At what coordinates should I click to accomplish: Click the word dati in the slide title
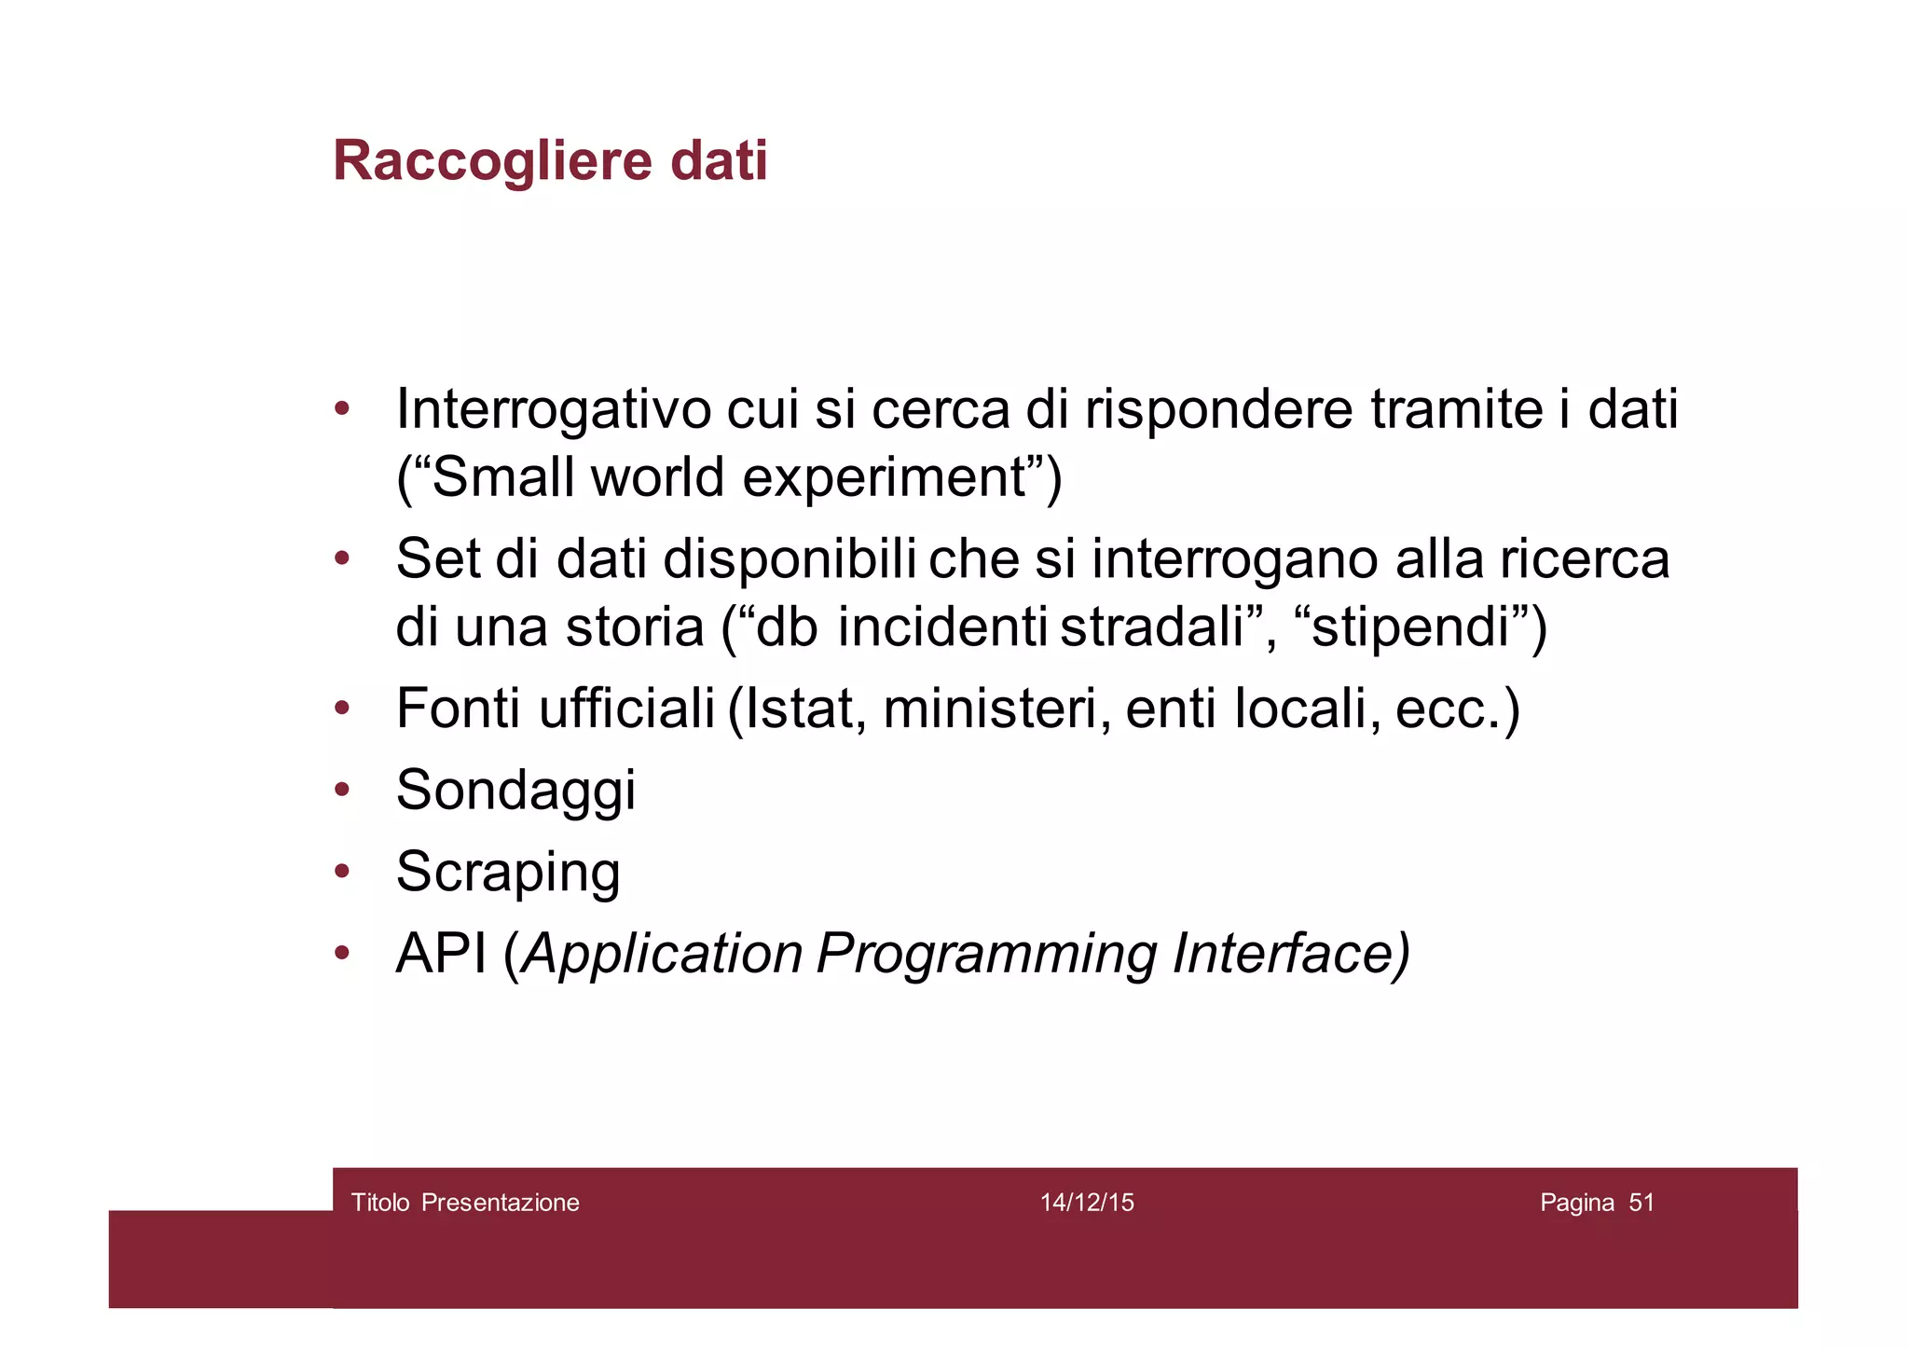coord(719,161)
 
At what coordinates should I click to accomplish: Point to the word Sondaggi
coord(515,791)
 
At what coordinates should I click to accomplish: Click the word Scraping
coord(508,873)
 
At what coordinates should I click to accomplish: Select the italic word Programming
coord(987,956)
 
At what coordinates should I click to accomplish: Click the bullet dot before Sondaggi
coord(342,791)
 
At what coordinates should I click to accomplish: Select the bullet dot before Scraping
coord(342,872)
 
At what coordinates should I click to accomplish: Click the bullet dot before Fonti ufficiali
coord(342,709)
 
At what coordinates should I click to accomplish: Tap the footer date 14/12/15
coord(1087,1203)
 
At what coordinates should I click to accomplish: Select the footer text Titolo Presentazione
coord(465,1203)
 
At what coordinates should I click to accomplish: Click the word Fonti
coord(459,709)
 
